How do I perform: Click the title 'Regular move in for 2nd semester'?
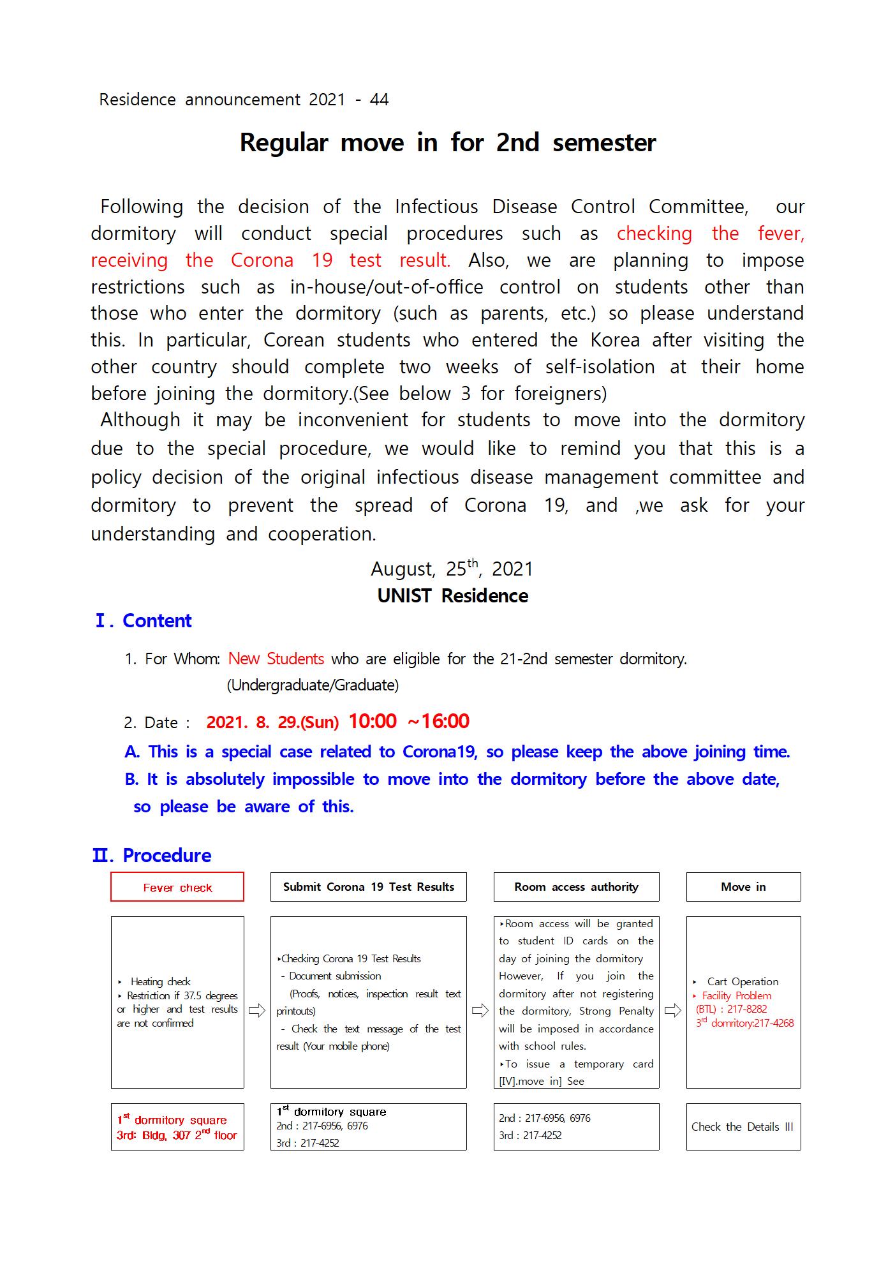[447, 142]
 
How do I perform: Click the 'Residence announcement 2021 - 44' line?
[244, 100]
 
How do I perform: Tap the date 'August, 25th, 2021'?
[452, 568]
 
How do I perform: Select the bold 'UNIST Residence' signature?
[452, 595]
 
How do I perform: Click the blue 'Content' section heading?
[156, 621]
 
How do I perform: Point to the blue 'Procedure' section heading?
[166, 855]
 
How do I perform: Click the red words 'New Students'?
[276, 659]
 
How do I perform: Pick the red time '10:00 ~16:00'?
[409, 721]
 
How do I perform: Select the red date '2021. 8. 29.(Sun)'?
[272, 722]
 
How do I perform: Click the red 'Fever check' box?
[177, 887]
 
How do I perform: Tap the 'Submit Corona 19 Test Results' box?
[368, 887]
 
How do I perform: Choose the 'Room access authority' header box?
[576, 887]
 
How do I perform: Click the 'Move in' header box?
[743, 887]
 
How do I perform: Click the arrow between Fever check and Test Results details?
[256, 1011]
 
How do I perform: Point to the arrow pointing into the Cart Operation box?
[672, 1011]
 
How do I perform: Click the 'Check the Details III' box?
[743, 1127]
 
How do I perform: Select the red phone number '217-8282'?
[747, 1009]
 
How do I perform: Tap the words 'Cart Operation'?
[743, 981]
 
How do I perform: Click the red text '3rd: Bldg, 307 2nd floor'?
[177, 1135]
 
